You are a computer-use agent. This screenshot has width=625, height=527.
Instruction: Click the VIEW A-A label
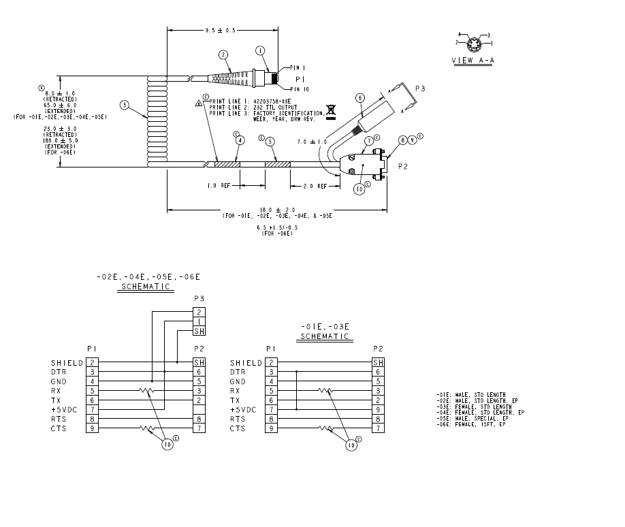pos(473,61)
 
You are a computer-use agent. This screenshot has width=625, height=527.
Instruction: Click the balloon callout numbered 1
pos(259,50)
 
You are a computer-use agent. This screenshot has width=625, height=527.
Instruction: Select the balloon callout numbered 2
pos(223,54)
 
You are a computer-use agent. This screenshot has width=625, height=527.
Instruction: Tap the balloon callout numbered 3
pos(125,105)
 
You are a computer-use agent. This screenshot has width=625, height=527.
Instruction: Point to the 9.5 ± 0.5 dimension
pos(222,30)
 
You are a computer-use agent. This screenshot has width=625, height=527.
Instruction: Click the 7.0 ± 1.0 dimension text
pos(312,142)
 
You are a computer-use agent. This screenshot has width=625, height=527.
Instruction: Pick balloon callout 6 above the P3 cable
pos(360,97)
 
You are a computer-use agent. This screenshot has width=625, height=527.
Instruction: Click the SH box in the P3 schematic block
pos(199,331)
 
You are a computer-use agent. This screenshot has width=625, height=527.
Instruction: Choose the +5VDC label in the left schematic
pos(68,409)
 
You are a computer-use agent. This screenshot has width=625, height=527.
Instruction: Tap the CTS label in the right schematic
pos(238,428)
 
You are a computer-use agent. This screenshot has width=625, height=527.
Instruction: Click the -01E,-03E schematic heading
pos(325,331)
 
